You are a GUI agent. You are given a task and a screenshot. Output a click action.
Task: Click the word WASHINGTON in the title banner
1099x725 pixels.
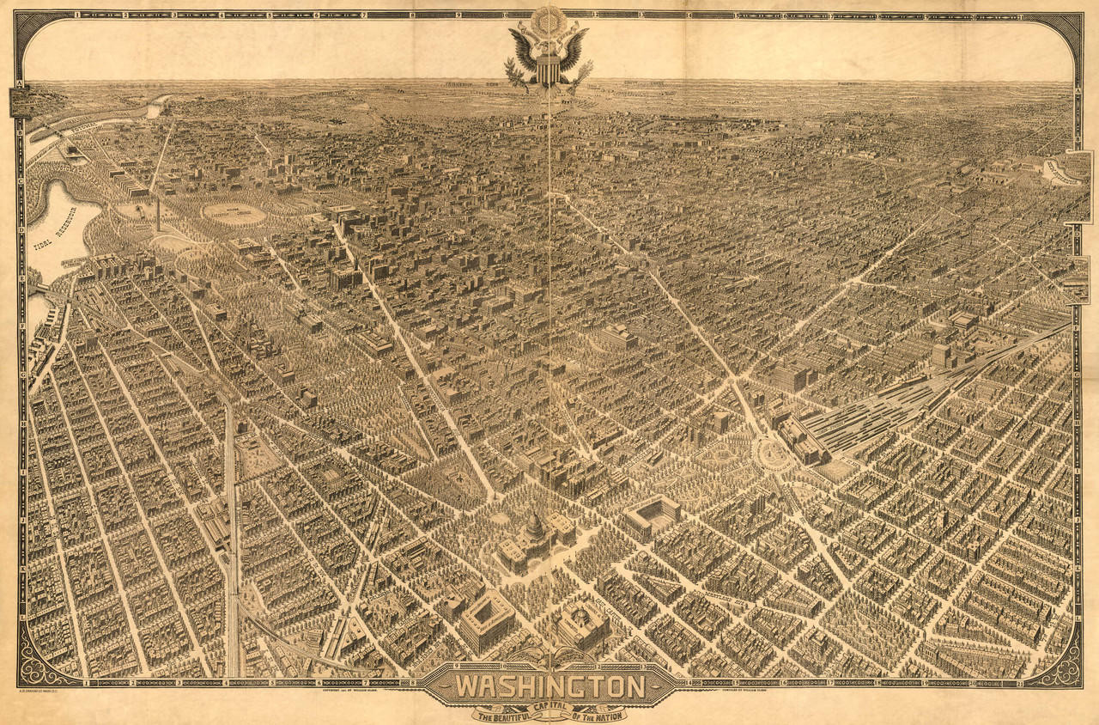[x=549, y=686]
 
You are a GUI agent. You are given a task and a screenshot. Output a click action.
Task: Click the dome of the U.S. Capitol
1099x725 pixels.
[x=534, y=526]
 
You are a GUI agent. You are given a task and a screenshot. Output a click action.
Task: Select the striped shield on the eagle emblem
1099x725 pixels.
[x=548, y=67]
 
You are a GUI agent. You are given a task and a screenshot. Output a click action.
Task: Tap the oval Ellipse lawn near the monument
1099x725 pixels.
[x=234, y=214]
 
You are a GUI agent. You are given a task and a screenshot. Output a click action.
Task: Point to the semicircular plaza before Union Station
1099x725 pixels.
[x=770, y=454]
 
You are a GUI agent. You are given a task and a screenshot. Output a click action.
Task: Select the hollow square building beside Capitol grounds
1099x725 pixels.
[x=652, y=516]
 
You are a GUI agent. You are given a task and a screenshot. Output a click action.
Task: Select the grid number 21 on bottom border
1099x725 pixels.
[x=1018, y=683]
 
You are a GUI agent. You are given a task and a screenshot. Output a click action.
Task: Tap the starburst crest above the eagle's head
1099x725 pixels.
[x=548, y=19]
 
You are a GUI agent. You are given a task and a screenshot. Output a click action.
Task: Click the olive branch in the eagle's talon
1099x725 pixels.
[x=515, y=73]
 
